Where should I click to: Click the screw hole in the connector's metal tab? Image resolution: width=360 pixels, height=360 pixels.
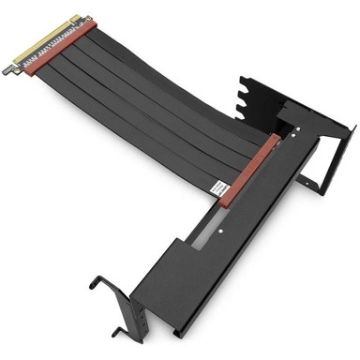pyautogui.click(x=13, y=67)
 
